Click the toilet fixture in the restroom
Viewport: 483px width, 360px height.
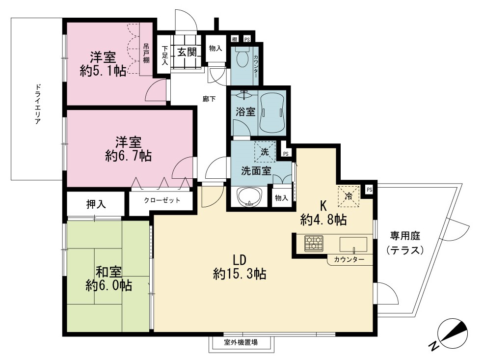(242, 56)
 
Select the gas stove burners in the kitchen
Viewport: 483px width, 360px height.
(314, 243)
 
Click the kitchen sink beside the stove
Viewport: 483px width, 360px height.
(353, 245)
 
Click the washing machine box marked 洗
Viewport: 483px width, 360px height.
(265, 152)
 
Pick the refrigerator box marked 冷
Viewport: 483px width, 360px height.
(349, 196)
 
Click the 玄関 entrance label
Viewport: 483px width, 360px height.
(187, 52)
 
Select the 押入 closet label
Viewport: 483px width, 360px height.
(96, 204)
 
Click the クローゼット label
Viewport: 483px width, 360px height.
(162, 200)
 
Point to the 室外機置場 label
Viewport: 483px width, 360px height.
(241, 342)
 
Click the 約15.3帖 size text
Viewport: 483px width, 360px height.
(240, 274)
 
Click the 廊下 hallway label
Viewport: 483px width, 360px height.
(209, 99)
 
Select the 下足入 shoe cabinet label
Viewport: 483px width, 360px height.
(165, 55)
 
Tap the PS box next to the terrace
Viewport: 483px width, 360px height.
(369, 190)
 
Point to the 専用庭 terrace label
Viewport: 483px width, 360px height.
(405, 236)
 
